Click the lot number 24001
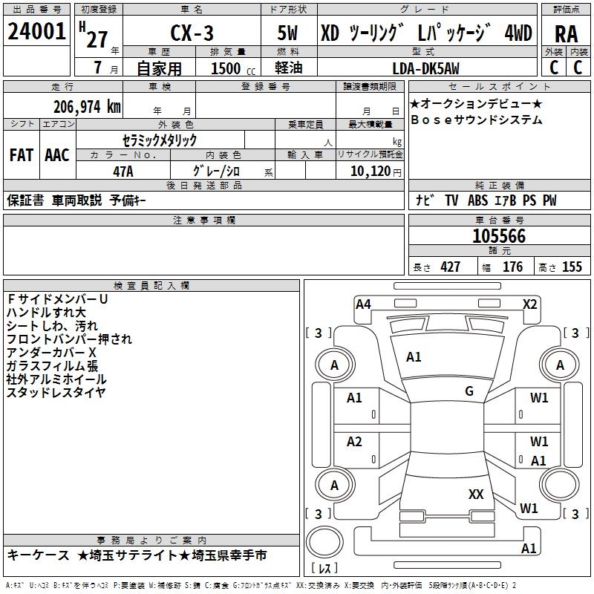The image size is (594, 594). pyautogui.click(x=37, y=32)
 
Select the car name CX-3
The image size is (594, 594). pyautogui.click(x=191, y=33)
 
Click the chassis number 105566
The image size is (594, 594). pyautogui.click(x=499, y=237)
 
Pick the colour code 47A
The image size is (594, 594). pyautogui.click(x=123, y=172)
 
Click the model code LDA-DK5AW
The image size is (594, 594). pyautogui.click(x=425, y=69)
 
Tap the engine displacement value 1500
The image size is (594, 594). pyautogui.click(x=226, y=69)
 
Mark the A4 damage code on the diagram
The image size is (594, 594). pyautogui.click(x=363, y=304)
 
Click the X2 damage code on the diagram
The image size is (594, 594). pyautogui.click(x=529, y=304)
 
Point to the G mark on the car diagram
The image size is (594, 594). pyautogui.click(x=469, y=391)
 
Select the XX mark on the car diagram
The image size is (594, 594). pyautogui.click(x=476, y=494)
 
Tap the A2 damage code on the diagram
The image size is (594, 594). pyautogui.click(x=354, y=443)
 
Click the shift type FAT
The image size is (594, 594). pyautogui.click(x=21, y=155)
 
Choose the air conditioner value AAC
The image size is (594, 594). pyautogui.click(x=57, y=155)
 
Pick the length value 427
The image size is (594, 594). pyautogui.click(x=450, y=267)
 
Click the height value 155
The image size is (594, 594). pyautogui.click(x=572, y=267)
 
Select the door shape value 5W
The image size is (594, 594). pyautogui.click(x=288, y=33)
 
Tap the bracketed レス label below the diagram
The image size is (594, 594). pyautogui.click(x=324, y=569)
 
